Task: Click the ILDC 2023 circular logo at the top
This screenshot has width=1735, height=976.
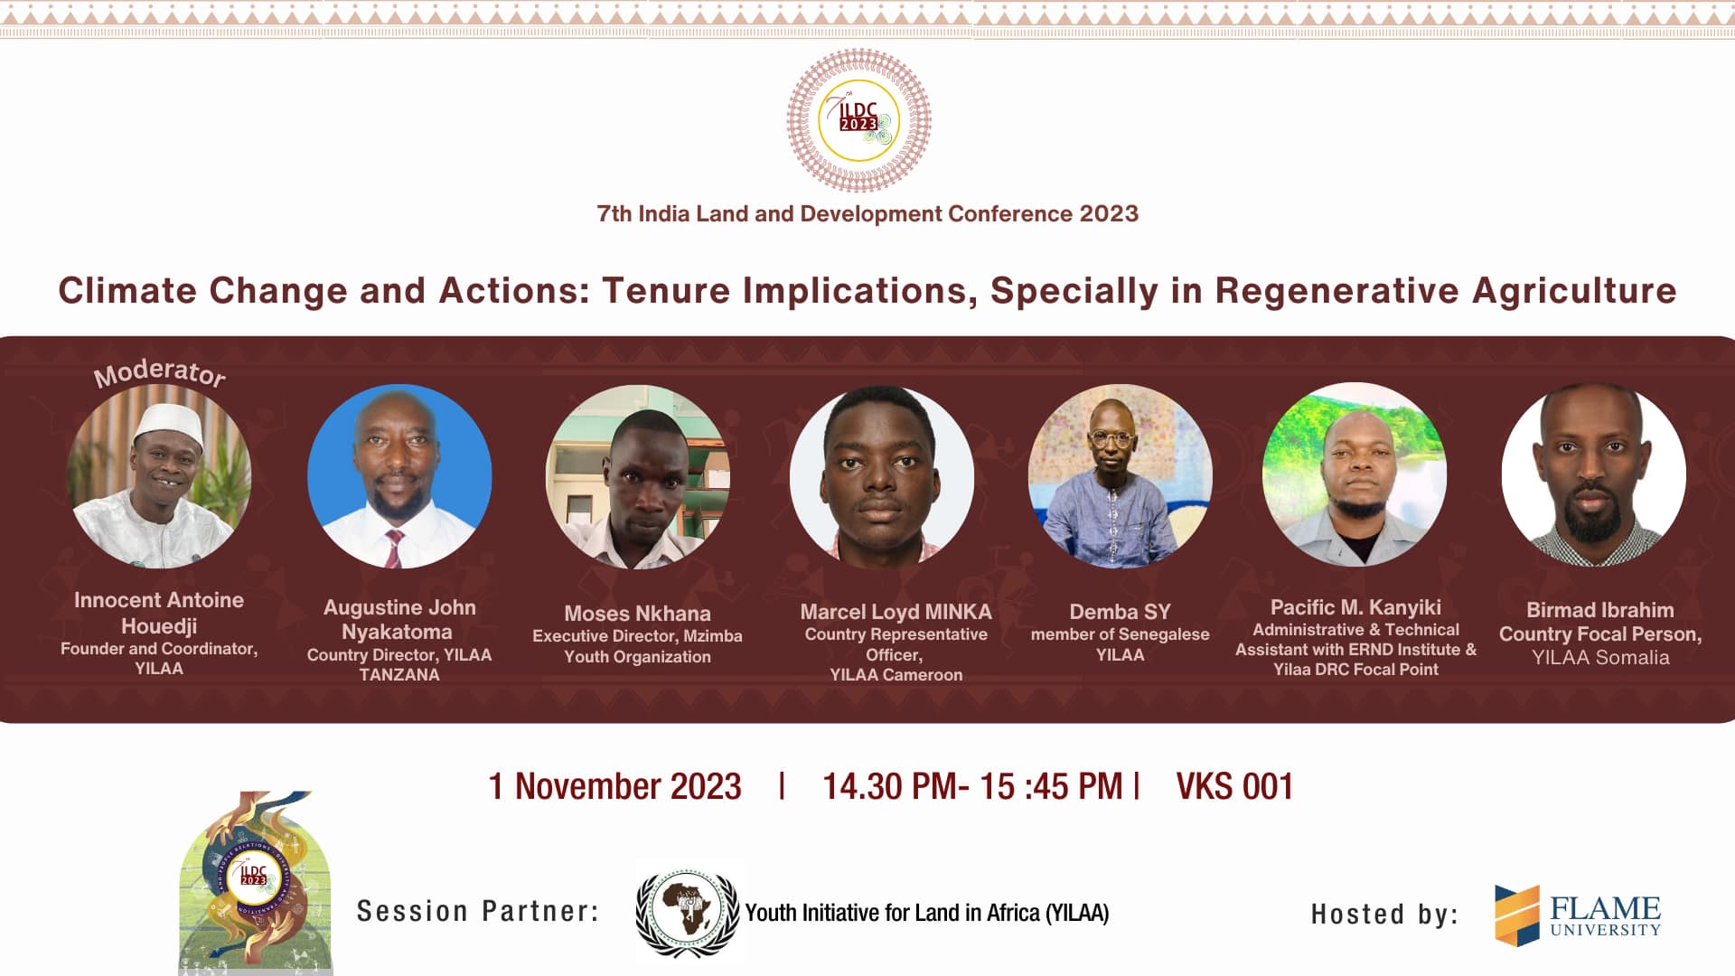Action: pos(858,120)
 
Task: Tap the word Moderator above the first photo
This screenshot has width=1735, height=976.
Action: pos(160,371)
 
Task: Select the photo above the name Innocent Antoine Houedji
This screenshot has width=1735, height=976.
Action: pos(159,477)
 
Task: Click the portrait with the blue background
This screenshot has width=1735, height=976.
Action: pos(399,476)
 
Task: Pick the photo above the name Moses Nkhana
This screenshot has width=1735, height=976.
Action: pos(638,477)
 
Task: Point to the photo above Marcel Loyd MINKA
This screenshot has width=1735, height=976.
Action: pos(882,476)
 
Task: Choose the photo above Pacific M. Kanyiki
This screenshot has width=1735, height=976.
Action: pos(1355,474)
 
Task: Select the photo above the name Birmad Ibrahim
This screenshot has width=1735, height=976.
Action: pos(1594,474)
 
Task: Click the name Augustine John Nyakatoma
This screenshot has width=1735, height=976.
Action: pos(399,619)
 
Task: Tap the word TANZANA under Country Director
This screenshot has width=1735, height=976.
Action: pos(399,674)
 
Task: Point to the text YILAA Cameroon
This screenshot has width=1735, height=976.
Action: pos(896,674)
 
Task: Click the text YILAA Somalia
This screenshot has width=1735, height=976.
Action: pos(1600,657)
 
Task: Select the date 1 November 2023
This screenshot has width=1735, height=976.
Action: pos(614,786)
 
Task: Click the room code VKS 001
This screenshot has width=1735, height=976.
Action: pos(1234,786)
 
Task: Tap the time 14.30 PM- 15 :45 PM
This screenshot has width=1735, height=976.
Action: pos(972,786)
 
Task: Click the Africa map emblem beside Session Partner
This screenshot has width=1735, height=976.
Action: pos(689,911)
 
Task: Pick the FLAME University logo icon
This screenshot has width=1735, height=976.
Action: pos(1517,915)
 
